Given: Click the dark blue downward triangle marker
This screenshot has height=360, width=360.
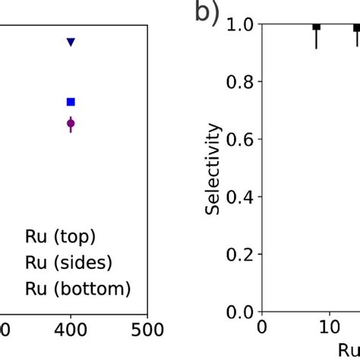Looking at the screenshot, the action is pyautogui.click(x=71, y=42).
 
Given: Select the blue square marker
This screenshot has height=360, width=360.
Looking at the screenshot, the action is pyautogui.click(x=71, y=102).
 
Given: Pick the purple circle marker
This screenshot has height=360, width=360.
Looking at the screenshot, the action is pyautogui.click(x=71, y=124).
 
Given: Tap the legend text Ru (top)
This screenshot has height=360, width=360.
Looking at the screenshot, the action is pyautogui.click(x=60, y=237).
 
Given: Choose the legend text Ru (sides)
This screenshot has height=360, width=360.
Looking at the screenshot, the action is pyautogui.click(x=68, y=263).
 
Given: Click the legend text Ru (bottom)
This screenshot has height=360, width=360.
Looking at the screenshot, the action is pyautogui.click(x=78, y=289).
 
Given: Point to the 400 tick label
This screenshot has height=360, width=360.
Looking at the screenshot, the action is pyautogui.click(x=71, y=330).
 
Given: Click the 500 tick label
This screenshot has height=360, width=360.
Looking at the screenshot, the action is pyautogui.click(x=147, y=330).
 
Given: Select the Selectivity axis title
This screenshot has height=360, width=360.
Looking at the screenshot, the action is pyautogui.click(x=212, y=169).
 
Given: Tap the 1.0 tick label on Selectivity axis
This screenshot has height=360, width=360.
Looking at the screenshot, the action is pyautogui.click(x=239, y=25).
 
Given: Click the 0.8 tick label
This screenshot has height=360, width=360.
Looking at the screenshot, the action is pyautogui.click(x=239, y=82).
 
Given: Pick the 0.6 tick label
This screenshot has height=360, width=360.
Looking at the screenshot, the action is pyautogui.click(x=239, y=139).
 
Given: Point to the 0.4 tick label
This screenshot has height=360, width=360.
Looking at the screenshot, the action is pyautogui.click(x=239, y=197).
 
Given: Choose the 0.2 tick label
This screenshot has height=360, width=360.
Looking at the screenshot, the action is pyautogui.click(x=239, y=254).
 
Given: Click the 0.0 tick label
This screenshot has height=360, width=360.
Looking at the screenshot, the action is pyautogui.click(x=239, y=312).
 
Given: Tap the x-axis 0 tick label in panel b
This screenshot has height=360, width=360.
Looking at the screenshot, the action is pyautogui.click(x=262, y=327).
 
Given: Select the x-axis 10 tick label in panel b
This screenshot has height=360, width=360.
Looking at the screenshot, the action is pyautogui.click(x=330, y=327).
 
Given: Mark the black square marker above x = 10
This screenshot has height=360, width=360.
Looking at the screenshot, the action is pyautogui.click(x=317, y=27).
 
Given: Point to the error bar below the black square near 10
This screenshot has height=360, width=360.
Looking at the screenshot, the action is pyautogui.click(x=317, y=39).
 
